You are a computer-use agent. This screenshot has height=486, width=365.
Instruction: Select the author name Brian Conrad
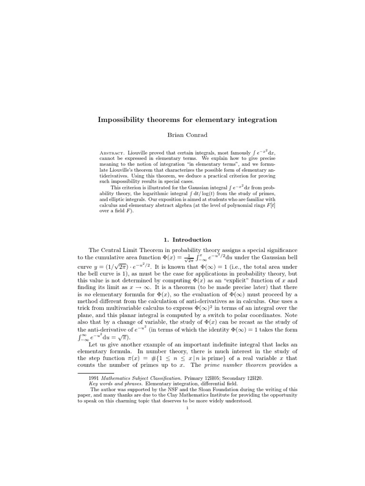tap(187, 135)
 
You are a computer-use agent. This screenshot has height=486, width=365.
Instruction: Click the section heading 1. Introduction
tap(187, 240)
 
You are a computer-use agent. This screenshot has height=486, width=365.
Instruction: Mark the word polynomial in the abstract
tap(228, 206)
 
